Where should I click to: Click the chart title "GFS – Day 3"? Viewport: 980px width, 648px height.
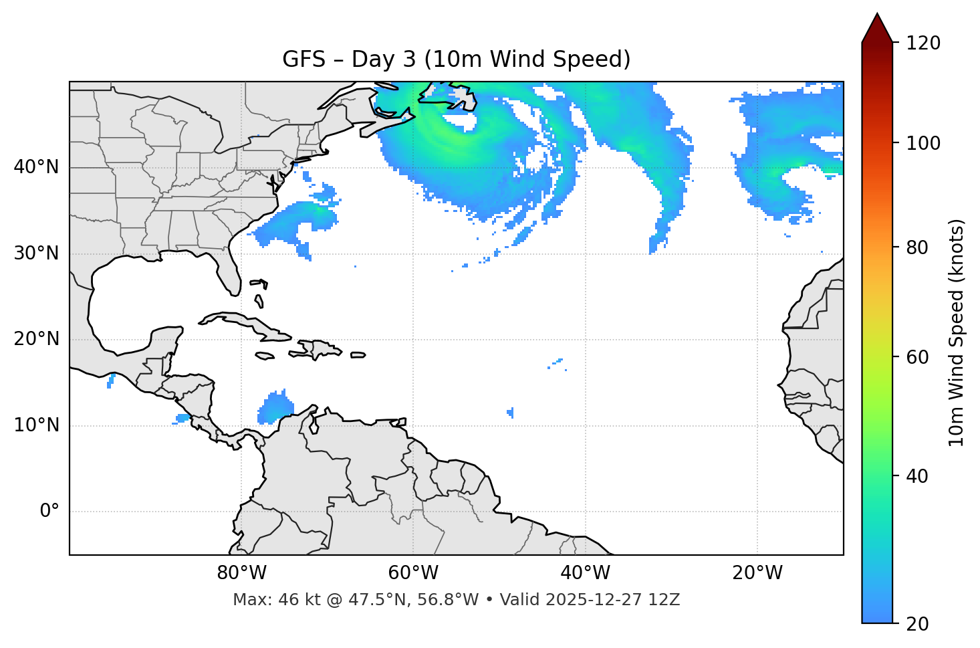point(456,60)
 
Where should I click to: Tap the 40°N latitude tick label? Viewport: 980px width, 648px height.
point(36,167)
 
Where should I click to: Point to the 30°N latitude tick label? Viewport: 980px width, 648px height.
point(36,253)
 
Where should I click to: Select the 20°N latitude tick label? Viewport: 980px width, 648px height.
point(36,339)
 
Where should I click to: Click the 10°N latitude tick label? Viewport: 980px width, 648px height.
point(36,425)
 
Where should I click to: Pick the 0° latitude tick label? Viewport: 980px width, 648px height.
point(49,512)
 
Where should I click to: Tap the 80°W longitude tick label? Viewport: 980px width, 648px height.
point(241,573)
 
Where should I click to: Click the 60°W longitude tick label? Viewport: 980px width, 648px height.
point(413,573)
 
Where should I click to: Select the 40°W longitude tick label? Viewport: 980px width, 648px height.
point(586,573)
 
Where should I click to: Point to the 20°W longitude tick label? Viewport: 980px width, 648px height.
point(757,573)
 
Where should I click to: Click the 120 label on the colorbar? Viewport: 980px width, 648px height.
point(923,43)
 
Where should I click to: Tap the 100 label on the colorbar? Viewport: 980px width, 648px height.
point(923,143)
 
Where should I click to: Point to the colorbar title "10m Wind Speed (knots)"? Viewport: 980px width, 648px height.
point(957,332)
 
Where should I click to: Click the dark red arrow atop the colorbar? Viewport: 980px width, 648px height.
point(877,29)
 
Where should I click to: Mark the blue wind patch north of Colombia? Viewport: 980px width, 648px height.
point(275,408)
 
